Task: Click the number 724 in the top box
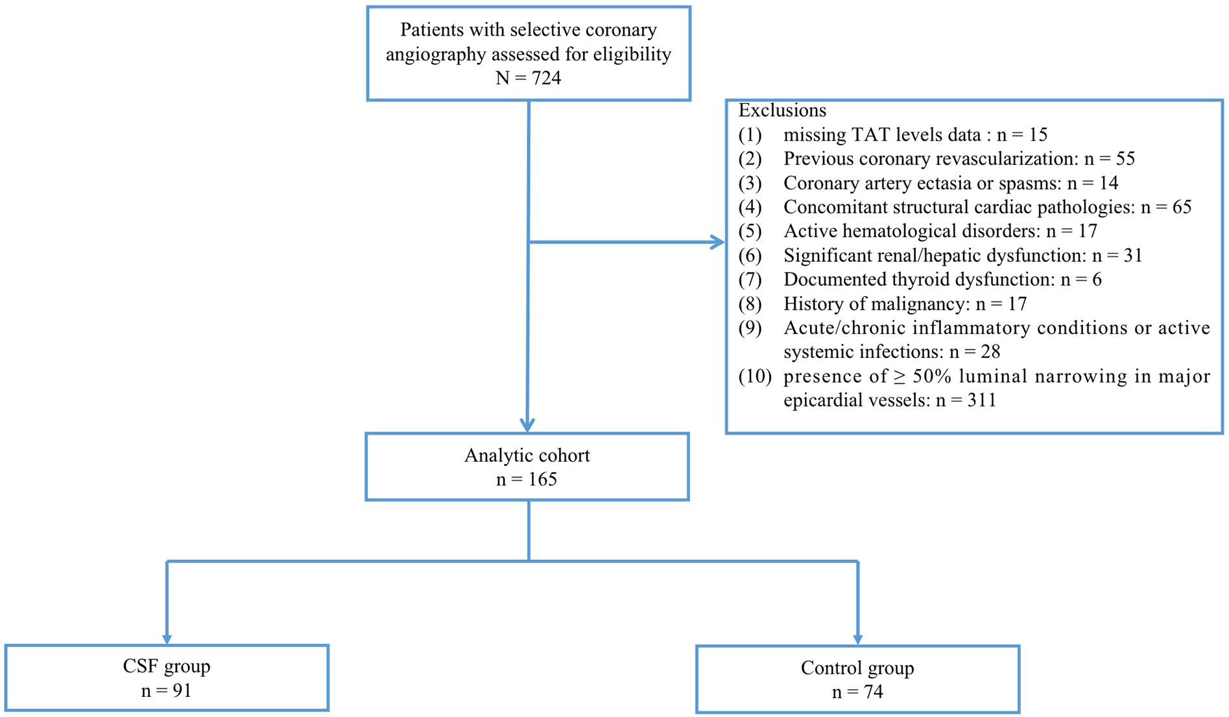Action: point(546,78)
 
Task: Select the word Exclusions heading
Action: point(782,110)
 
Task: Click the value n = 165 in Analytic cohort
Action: point(527,480)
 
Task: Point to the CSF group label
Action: point(167,666)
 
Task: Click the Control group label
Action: point(857,668)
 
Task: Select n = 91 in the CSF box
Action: point(167,691)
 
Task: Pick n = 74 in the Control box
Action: point(857,692)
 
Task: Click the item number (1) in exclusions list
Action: point(750,135)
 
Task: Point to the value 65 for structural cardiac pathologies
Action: point(1181,207)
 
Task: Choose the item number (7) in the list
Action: point(750,280)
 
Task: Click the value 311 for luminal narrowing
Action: point(981,401)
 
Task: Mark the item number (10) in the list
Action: point(755,377)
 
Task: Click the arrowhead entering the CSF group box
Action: point(167,639)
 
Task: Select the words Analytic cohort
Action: point(527,456)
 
